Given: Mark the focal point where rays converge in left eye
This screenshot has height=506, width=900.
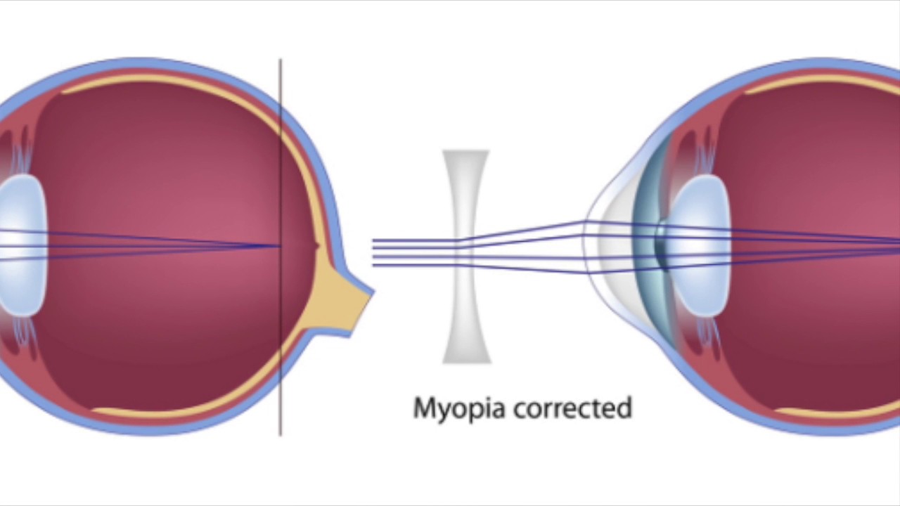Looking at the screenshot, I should point(279,246).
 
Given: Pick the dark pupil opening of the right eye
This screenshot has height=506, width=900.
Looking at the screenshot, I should point(661,246).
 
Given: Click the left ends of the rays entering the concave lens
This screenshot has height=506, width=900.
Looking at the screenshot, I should point(375,253).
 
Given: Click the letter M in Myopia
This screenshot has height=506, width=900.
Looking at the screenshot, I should point(422,408).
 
